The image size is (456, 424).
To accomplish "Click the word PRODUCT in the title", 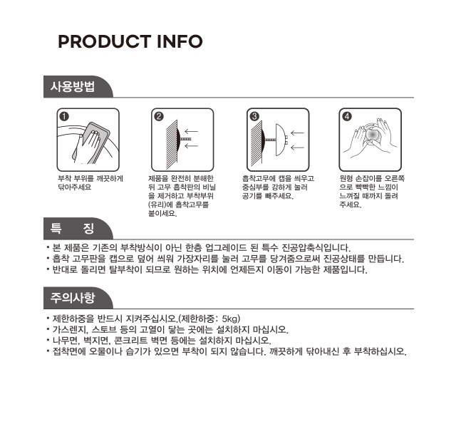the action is (x=105, y=41).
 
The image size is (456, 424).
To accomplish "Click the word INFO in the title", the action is (x=180, y=41).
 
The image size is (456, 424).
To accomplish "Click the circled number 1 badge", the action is (x=64, y=116).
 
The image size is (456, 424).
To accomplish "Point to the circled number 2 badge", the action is (x=159, y=116).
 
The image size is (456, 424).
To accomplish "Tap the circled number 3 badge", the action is (x=254, y=116).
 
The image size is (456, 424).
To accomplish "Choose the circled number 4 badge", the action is (x=347, y=116).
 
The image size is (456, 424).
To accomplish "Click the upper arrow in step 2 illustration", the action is (x=191, y=131).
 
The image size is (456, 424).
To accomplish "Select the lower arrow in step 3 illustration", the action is (x=297, y=148).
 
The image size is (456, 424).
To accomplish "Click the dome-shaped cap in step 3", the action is (x=280, y=140).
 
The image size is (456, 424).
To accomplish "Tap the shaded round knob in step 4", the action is (x=373, y=135).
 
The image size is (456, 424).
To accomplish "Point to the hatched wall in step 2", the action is (x=172, y=145).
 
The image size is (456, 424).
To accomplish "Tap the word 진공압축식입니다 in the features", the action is (x=316, y=248).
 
